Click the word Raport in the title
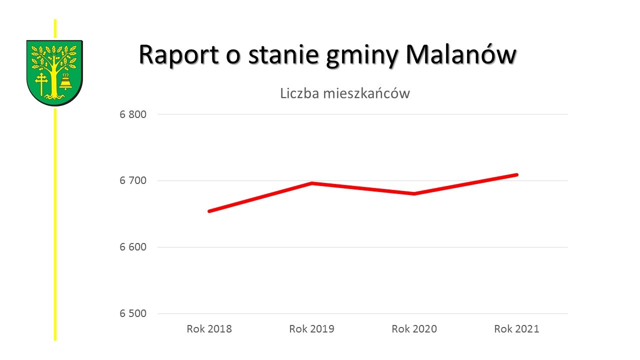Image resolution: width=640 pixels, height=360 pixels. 179,55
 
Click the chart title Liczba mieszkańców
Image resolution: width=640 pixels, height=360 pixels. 345,93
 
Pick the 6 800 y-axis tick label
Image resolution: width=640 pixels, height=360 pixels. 132,114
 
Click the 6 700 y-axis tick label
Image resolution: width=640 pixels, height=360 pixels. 132,180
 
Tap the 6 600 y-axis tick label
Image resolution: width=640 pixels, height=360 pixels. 132,247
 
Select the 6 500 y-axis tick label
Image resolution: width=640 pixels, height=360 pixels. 132,313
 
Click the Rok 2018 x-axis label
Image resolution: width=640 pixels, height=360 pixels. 209,329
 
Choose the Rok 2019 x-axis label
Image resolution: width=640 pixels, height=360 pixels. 312,329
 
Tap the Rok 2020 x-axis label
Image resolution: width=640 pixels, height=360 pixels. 414,329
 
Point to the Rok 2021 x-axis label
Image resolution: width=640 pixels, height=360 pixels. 517,329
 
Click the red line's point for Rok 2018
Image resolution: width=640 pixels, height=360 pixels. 209,211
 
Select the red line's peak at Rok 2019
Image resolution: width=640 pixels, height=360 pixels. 312,183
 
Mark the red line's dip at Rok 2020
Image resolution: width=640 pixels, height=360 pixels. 414,193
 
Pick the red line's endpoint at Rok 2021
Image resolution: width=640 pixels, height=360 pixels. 516,174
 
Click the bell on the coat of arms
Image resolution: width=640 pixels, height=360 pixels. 65,82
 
